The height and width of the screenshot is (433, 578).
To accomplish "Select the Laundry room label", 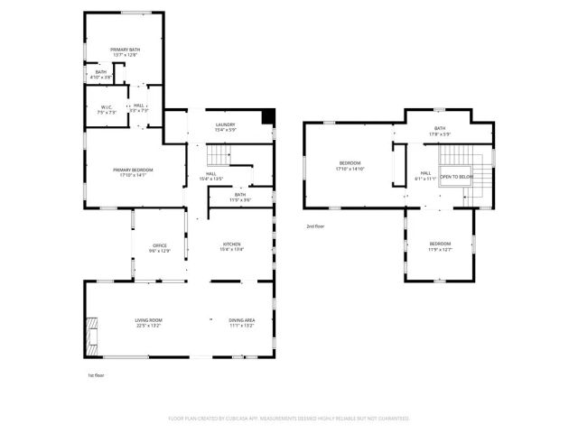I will [x=225, y=126].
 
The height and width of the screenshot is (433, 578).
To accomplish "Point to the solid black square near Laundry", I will [x=267, y=115].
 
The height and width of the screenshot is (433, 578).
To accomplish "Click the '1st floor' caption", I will [x=96, y=374].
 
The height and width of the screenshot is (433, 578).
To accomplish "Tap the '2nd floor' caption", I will [x=314, y=226].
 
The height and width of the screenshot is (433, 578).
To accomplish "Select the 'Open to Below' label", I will [x=456, y=177].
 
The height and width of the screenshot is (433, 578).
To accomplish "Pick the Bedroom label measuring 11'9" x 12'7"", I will [x=440, y=246].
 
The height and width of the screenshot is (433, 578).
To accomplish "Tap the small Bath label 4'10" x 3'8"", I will [x=101, y=75].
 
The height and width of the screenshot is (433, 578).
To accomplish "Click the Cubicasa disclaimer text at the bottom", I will [x=288, y=419].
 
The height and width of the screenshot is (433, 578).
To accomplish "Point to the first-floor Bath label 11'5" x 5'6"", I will [x=239, y=197].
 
